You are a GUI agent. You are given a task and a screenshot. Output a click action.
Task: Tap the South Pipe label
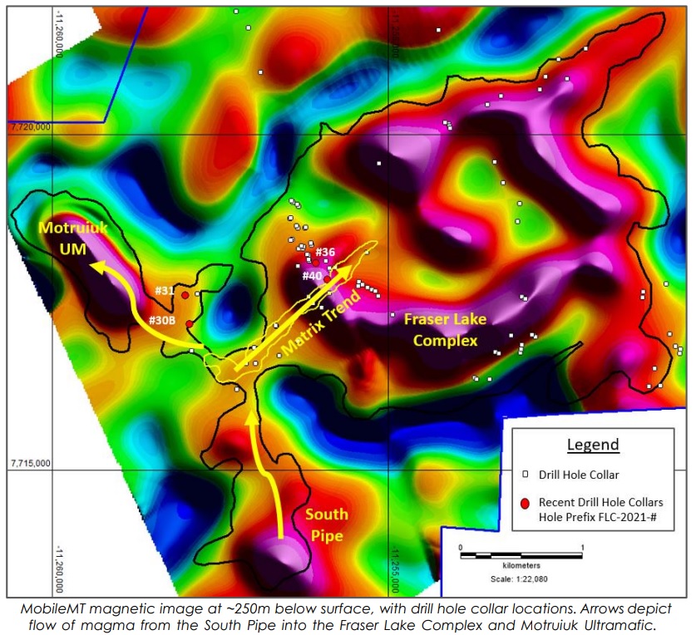[326, 524]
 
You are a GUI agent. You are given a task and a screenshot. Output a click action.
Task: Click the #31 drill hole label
[164, 290]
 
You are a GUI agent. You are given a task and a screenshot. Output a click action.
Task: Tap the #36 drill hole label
[325, 252]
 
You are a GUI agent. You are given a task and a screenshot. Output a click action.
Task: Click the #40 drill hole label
[312, 275]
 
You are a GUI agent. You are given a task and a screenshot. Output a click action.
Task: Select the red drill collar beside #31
[185, 295]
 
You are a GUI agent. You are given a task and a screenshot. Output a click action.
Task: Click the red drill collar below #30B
[190, 323]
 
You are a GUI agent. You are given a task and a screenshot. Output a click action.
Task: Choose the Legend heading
[593, 445]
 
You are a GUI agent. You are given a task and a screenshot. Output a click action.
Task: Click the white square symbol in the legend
[525, 475]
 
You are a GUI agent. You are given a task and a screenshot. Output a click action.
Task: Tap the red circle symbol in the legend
[524, 503]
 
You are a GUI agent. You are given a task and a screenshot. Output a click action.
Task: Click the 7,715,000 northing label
[29, 462]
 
